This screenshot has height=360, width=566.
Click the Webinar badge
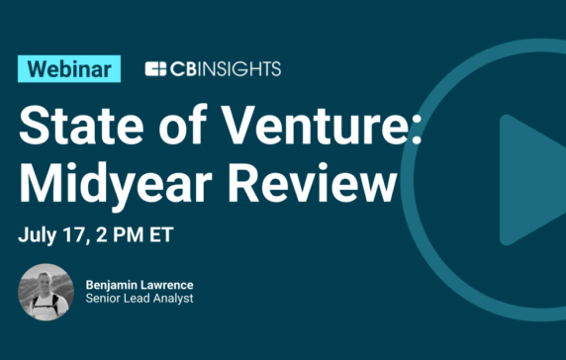[x=69, y=69]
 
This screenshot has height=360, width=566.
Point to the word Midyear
[x=129, y=186]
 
